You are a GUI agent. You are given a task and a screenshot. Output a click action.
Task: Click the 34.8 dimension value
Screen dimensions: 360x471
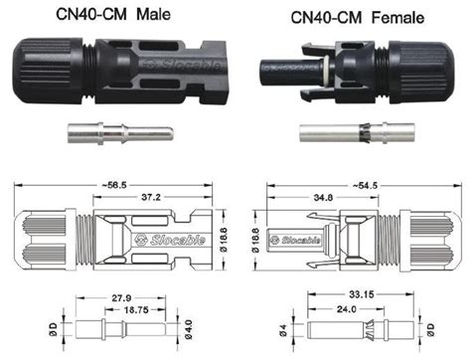pyautogui.click(x=321, y=199)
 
